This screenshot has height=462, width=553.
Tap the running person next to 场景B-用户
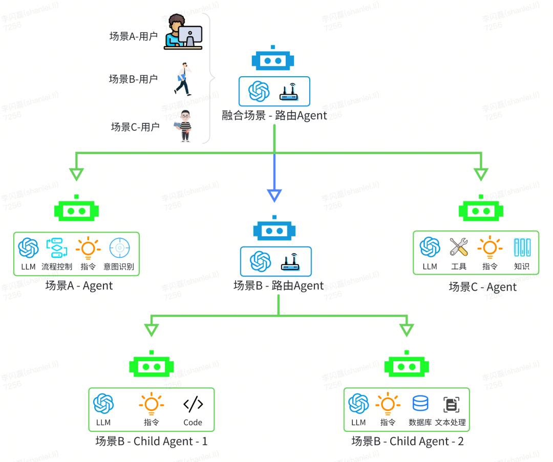[183, 79]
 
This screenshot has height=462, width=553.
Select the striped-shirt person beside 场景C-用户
[185, 125]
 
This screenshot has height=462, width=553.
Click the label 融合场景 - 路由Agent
[274, 116]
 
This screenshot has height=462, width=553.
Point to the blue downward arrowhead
[274, 195]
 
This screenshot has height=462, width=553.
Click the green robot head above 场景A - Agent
[76, 209]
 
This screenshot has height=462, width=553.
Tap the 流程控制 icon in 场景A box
[57, 248]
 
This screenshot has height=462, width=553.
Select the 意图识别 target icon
[120, 248]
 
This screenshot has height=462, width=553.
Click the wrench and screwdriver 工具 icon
[459, 247]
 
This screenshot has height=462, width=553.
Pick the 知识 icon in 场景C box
[522, 247]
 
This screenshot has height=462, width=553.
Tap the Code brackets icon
[193, 404]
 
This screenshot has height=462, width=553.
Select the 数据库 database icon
[420, 404]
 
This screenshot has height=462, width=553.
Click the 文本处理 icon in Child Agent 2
[451, 405]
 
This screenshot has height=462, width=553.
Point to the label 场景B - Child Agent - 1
[152, 441]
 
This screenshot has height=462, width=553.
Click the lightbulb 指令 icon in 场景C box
[490, 247]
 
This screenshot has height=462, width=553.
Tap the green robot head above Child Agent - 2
[407, 365]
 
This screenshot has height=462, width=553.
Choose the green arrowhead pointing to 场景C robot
[481, 174]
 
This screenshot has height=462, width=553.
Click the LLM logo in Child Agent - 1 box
[103, 404]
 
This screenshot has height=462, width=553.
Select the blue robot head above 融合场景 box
[273, 60]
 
